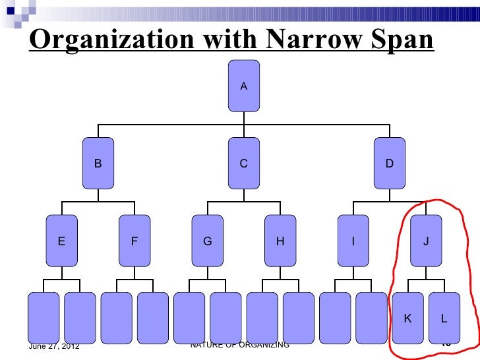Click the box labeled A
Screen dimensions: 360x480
point(243,86)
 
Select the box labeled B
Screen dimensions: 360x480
point(98,164)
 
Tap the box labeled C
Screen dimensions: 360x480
point(243,164)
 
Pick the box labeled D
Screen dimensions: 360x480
point(389,164)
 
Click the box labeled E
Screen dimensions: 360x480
point(61,241)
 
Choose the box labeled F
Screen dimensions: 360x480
point(134,241)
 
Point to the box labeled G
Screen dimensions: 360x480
point(207,241)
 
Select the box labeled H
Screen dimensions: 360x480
point(280,241)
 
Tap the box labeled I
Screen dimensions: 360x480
point(353,241)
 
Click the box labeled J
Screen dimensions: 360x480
point(425,241)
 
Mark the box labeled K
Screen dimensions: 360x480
point(407,318)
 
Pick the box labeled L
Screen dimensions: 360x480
point(444,318)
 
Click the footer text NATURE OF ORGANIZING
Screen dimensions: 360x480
point(239,345)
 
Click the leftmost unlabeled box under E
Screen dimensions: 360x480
point(44,318)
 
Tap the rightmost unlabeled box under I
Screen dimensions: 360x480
point(371,318)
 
